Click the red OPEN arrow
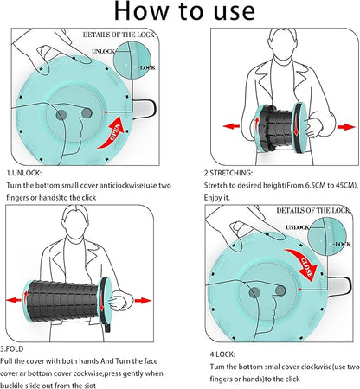pos(114,133)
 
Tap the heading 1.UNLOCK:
pos(24,173)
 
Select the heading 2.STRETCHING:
pos(228,173)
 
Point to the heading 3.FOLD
pos(12,349)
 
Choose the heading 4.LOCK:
pos(222,354)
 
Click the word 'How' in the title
pos(141,11)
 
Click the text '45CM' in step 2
pos(344,185)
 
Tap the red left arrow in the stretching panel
pos(231,126)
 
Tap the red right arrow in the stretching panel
pos(346,127)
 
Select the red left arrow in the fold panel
pos(14,300)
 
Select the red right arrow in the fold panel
pos(143,301)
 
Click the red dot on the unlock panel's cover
pos(106,112)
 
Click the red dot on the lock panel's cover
pos(300,290)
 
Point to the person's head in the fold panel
pos(74,221)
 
